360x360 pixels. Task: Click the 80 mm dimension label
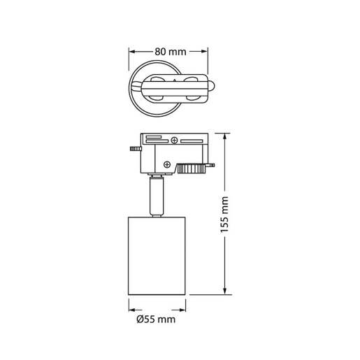click(x=170, y=51)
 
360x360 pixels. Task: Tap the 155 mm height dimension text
click(x=224, y=214)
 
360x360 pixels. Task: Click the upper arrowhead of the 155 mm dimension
click(x=224, y=136)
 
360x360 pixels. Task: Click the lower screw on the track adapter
click(x=168, y=164)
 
